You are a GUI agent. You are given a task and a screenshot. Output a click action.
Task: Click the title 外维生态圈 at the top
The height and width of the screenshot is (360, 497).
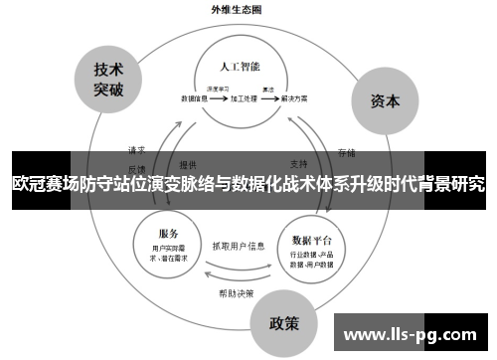click(236, 9)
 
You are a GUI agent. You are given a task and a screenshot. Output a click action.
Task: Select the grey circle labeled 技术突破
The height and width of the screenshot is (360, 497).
click(108, 80)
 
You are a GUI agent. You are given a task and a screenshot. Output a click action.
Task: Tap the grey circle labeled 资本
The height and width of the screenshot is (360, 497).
click(386, 100)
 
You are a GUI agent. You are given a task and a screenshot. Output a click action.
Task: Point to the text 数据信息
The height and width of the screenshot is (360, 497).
click(194, 99)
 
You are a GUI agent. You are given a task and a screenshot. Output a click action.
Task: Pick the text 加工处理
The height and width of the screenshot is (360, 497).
click(244, 99)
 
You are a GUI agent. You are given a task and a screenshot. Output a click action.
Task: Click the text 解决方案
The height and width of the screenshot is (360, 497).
click(293, 99)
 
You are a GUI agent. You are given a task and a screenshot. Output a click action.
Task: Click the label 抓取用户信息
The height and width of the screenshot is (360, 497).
click(239, 245)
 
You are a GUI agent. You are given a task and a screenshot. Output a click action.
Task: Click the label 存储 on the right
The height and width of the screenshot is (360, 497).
click(346, 152)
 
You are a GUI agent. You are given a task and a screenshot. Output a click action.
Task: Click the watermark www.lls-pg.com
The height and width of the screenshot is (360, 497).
click(411, 333)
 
